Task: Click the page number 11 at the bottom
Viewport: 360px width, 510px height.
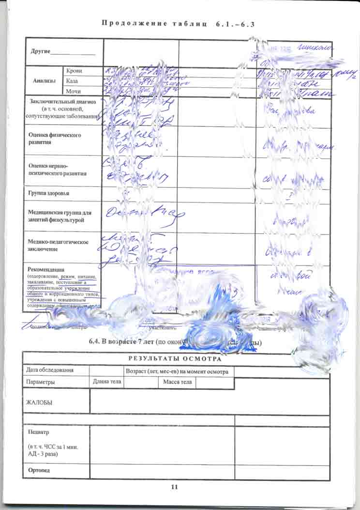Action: click(175, 487)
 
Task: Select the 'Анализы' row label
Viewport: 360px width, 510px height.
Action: click(44, 81)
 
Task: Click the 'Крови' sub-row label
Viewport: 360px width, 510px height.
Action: click(74, 71)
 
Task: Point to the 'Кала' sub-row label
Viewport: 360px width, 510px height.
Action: click(73, 81)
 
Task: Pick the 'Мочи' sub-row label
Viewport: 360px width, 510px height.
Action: click(74, 91)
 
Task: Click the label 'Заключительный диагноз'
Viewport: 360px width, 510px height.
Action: click(62, 102)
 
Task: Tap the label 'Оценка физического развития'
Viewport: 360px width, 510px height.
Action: click(55, 139)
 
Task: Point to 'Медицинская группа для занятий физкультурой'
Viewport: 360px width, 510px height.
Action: click(60, 216)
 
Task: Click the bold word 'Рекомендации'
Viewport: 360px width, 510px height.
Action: click(46, 269)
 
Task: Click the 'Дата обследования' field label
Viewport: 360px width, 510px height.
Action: click(50, 370)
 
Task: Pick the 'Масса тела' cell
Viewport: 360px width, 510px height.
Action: click(177, 382)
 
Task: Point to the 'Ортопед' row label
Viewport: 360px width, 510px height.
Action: click(39, 470)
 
